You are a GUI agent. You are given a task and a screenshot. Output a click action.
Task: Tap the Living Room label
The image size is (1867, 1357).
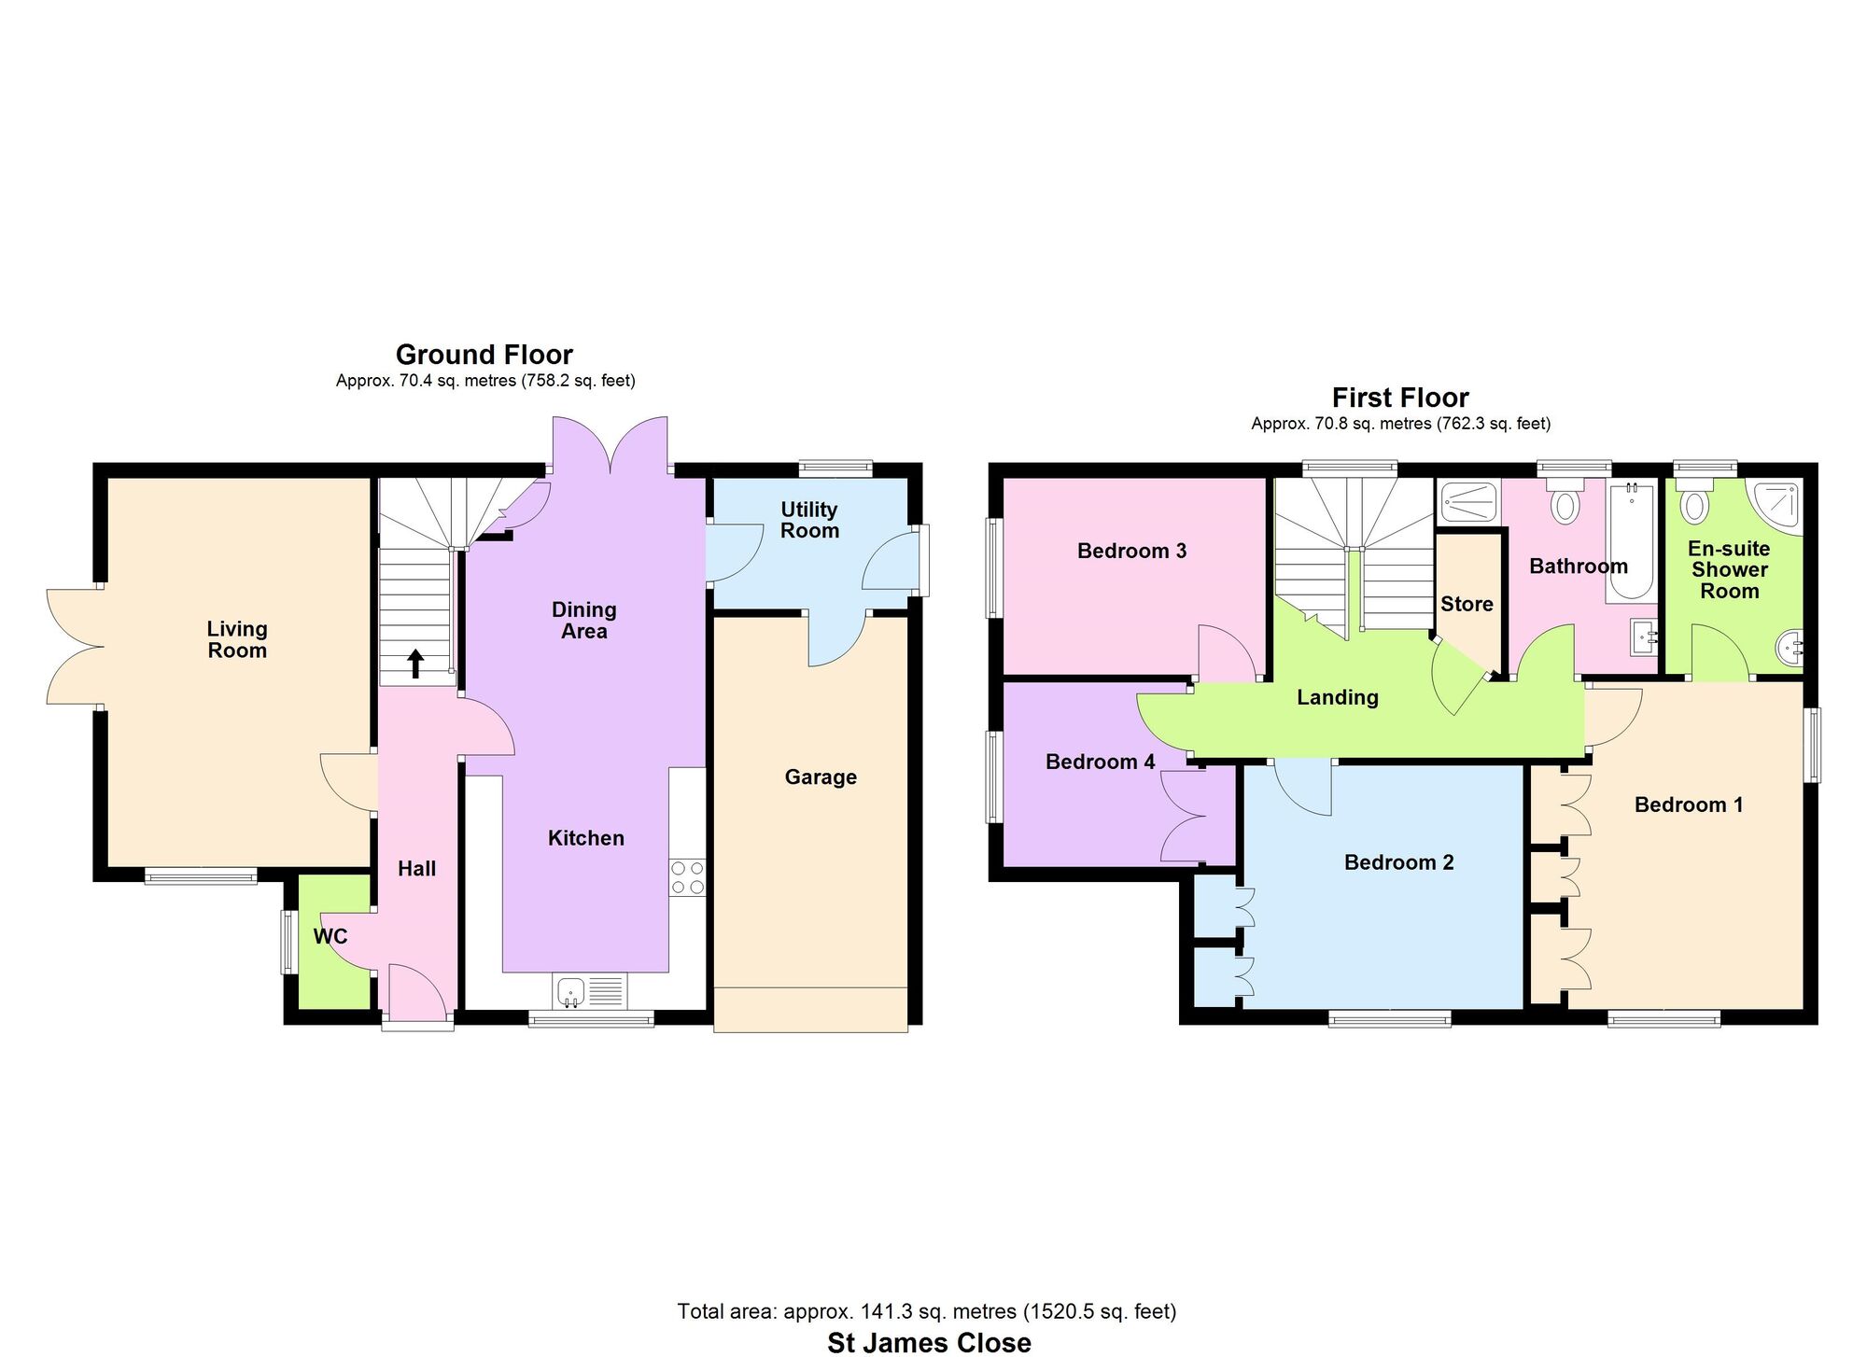click(x=237, y=639)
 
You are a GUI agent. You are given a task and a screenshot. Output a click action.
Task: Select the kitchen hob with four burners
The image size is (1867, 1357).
click(x=688, y=878)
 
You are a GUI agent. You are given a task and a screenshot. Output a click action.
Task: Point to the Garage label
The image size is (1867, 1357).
click(x=821, y=776)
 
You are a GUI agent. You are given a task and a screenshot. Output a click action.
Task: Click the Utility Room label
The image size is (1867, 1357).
click(x=809, y=520)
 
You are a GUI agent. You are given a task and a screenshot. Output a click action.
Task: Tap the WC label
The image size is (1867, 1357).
click(x=330, y=936)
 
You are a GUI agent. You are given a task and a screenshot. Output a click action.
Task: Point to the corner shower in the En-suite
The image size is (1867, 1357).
click(x=1776, y=507)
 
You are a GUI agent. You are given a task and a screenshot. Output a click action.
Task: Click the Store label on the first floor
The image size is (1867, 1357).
click(x=1467, y=604)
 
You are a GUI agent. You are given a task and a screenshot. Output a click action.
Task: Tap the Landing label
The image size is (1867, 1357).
click(x=1338, y=697)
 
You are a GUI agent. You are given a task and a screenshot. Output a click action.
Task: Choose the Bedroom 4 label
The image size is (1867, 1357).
click(x=1101, y=762)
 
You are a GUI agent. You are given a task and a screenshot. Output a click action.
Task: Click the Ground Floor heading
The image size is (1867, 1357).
click(x=484, y=355)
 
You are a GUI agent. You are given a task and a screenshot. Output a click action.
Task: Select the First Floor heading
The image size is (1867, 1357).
click(x=1400, y=398)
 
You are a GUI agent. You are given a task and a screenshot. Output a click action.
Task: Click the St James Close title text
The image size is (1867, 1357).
click(x=930, y=1342)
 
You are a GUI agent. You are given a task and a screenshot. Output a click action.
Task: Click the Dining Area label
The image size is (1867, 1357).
click(x=584, y=621)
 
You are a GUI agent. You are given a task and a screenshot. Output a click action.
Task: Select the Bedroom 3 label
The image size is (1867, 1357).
click(x=1131, y=551)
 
